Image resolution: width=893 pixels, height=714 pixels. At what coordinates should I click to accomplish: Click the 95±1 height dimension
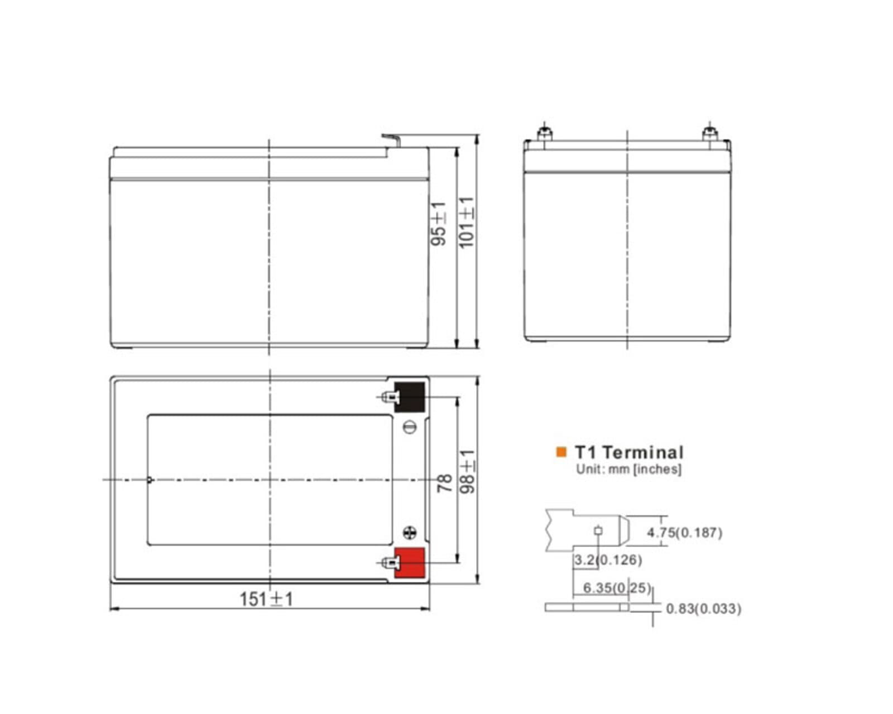tap(439, 224)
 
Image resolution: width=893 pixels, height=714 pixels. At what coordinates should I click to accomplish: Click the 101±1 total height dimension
tap(466, 222)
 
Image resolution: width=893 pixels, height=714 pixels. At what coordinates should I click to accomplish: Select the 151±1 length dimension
tap(266, 599)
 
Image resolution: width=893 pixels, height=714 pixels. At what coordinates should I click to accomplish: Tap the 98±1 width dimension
tap(467, 471)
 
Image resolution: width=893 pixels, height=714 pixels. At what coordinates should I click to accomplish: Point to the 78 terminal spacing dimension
tap(444, 483)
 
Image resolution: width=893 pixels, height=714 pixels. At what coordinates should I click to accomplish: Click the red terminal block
tap(410, 563)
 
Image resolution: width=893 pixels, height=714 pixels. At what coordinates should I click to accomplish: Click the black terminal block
tap(410, 397)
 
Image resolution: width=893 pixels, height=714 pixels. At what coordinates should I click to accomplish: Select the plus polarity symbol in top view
tap(410, 533)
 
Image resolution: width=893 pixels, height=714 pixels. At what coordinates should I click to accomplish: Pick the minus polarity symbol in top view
tap(410, 428)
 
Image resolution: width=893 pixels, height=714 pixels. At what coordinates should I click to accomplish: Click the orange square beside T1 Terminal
tap(561, 452)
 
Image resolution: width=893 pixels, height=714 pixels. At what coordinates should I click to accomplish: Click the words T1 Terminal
tap(629, 452)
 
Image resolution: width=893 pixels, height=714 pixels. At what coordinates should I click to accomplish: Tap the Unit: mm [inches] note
tap(628, 469)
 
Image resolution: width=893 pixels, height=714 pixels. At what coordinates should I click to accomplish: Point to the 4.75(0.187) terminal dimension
tap(684, 532)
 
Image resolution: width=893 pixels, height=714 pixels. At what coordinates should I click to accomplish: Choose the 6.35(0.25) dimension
tap(617, 587)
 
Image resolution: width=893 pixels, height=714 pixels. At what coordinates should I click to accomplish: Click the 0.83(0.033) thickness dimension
tap(703, 608)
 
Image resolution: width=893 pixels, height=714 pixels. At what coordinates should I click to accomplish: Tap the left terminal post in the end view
tap(544, 134)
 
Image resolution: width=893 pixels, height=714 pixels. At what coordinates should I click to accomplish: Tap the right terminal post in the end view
tap(709, 134)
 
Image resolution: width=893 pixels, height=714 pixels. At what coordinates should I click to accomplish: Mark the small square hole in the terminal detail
tap(598, 530)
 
